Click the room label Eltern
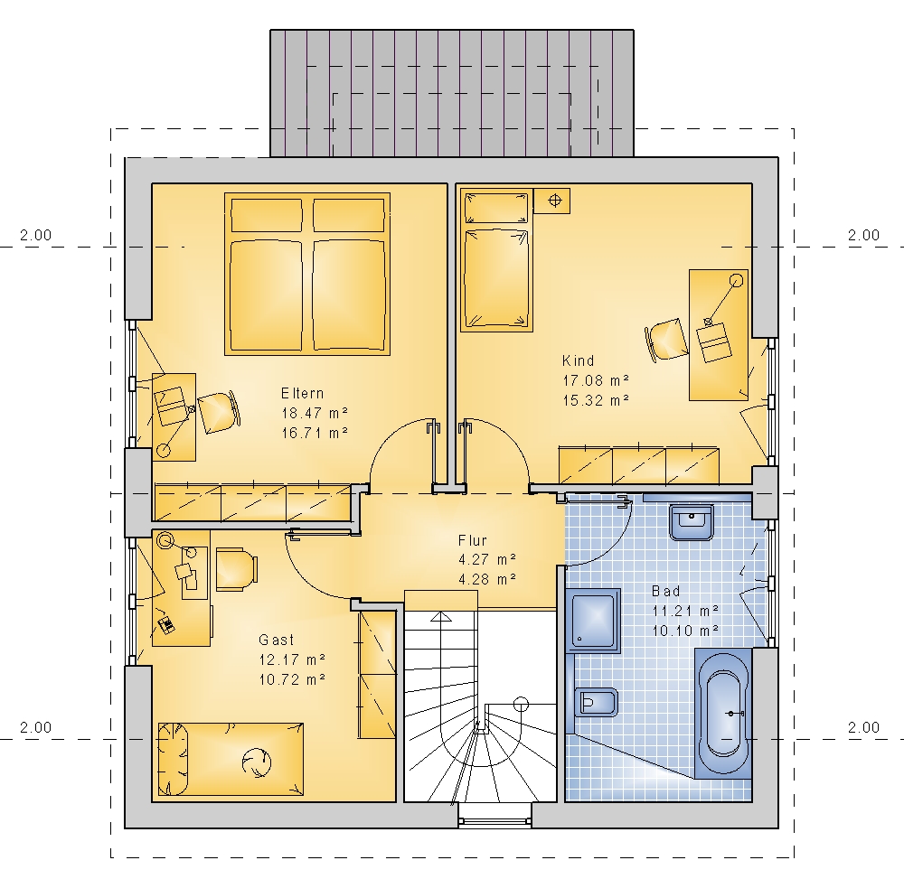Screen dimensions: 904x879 (303, 393)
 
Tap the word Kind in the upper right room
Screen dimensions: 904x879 (579, 360)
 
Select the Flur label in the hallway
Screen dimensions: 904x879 (473, 540)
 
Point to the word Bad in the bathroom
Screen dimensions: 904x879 (666, 591)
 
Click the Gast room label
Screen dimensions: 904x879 (277, 640)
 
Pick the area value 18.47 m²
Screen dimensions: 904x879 (315, 413)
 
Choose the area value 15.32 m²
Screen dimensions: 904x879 (596, 400)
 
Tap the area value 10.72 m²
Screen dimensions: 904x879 (292, 679)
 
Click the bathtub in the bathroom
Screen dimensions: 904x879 (723, 714)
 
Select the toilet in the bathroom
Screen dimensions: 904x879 (596, 703)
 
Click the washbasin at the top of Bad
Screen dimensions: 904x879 (692, 522)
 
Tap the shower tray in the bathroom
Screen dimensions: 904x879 (593, 621)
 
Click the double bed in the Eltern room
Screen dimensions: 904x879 (307, 275)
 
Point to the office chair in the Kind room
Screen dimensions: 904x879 (666, 341)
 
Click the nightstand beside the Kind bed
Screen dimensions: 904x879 (551, 201)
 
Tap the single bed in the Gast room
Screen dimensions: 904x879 (231, 760)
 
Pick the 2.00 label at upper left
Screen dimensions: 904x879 (36, 235)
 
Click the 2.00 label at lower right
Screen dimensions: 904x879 (863, 727)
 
